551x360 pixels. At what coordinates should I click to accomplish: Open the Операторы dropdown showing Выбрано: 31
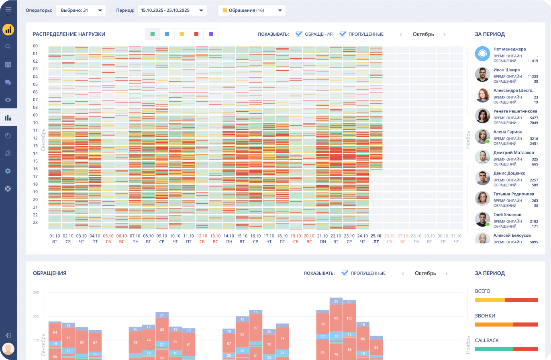[x=81, y=10]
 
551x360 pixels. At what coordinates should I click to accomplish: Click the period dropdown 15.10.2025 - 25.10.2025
[x=172, y=10]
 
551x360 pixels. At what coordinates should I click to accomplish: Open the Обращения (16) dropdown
[x=251, y=10]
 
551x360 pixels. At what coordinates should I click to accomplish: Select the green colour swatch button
[x=153, y=34]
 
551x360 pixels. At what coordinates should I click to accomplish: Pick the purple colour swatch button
[x=211, y=34]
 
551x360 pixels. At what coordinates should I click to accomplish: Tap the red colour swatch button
[x=196, y=34]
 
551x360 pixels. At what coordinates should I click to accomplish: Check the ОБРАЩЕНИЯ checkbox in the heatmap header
[x=299, y=34]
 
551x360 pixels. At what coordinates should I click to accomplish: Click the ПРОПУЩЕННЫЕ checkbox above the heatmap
[x=343, y=34]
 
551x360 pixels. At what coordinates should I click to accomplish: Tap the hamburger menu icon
[x=8, y=9]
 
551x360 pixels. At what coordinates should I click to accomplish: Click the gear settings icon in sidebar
[x=8, y=171]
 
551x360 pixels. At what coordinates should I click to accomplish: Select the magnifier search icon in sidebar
[x=8, y=47]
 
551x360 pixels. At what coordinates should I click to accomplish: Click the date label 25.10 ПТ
[x=376, y=239]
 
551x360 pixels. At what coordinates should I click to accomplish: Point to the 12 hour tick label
[x=35, y=138]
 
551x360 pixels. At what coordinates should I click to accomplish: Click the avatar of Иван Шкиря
[x=482, y=74]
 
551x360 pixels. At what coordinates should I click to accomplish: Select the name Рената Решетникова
[x=515, y=111]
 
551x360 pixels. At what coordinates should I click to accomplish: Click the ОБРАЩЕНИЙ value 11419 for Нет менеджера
[x=533, y=61]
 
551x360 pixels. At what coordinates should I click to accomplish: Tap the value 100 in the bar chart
[x=349, y=318]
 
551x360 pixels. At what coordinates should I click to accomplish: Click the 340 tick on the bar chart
[x=36, y=292]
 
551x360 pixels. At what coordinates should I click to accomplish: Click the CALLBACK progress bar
[x=506, y=349]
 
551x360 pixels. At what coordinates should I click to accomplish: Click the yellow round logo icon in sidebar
[x=8, y=30]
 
